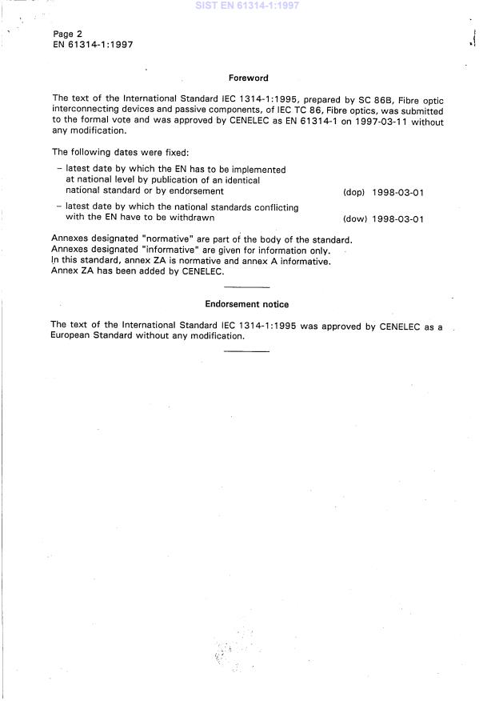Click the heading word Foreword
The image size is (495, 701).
pyautogui.click(x=248, y=78)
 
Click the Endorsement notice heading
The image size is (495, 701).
pyautogui.click(x=247, y=305)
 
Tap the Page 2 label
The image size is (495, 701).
pyautogui.click(x=68, y=34)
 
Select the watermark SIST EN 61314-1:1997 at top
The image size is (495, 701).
pyautogui.click(x=247, y=6)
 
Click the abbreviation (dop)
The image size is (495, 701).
pyautogui.click(x=353, y=192)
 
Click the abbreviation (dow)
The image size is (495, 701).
pyautogui.click(x=353, y=219)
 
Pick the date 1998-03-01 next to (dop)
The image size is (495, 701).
pyautogui.click(x=397, y=192)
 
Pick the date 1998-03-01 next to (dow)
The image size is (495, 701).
pyautogui.click(x=397, y=219)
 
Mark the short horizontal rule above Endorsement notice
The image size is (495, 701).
pyautogui.click(x=247, y=286)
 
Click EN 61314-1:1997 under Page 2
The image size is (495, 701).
pyautogui.click(x=93, y=45)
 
